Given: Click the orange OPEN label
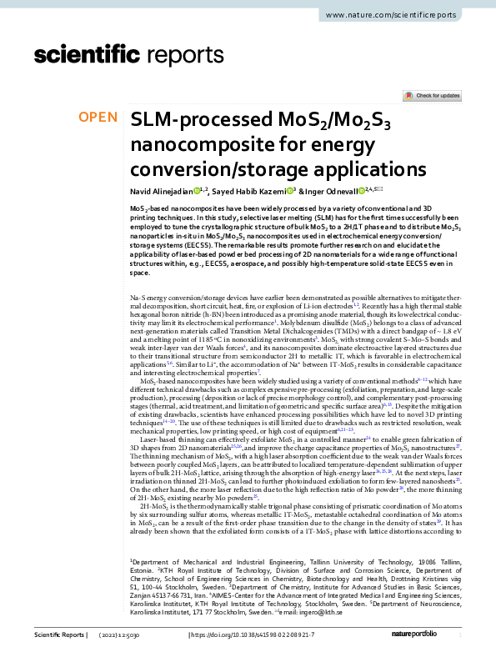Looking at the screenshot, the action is point(97,117).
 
